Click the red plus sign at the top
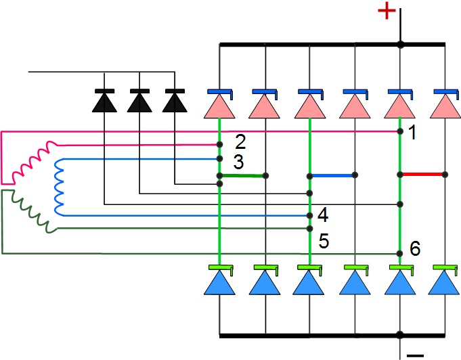click(386, 12)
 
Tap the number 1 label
click(412, 133)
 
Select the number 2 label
click(240, 141)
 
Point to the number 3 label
click(238, 162)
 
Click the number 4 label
click(322, 216)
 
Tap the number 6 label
click(415, 249)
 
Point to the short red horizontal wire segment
click(422, 174)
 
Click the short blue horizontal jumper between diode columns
click(332, 175)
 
